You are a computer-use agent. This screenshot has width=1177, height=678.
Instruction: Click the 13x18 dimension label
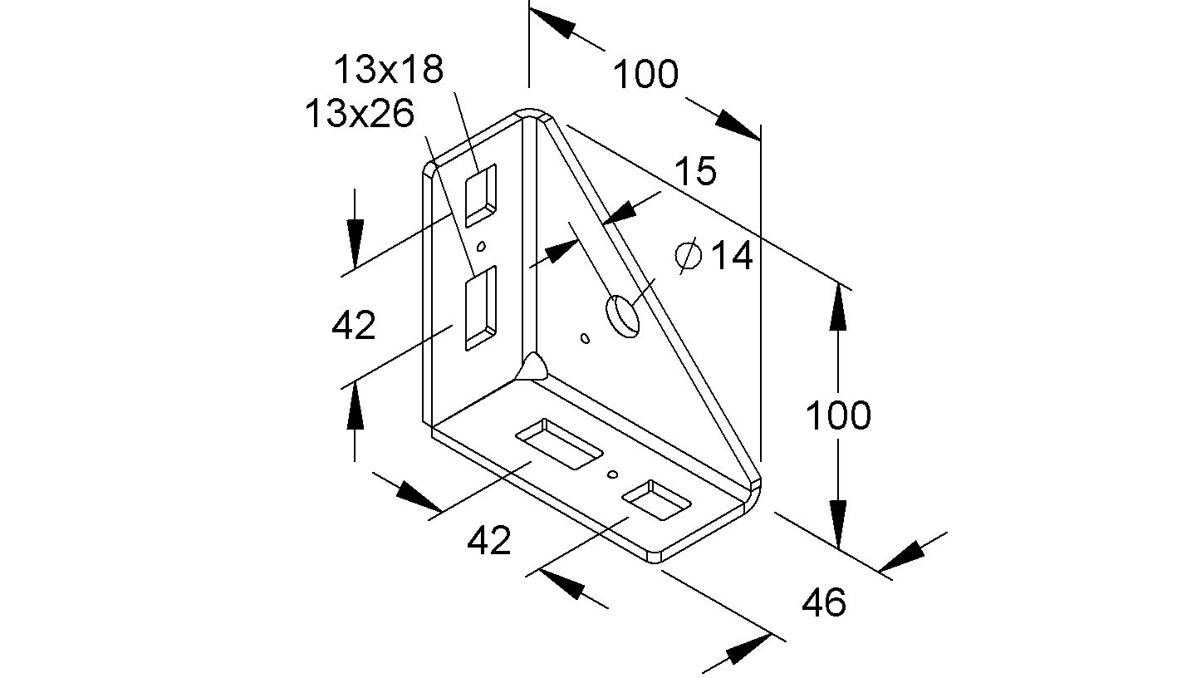click(x=389, y=70)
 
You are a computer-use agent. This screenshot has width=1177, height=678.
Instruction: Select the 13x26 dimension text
click(x=359, y=114)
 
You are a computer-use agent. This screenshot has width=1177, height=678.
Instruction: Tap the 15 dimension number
click(x=694, y=172)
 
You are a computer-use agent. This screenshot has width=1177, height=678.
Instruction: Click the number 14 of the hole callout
click(x=731, y=256)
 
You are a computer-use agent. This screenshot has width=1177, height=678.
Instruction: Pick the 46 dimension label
click(x=823, y=602)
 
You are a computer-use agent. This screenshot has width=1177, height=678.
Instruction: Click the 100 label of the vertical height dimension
click(x=838, y=415)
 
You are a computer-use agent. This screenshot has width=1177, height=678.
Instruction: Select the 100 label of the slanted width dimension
click(x=645, y=75)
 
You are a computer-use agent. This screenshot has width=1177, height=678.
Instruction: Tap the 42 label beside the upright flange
click(x=354, y=326)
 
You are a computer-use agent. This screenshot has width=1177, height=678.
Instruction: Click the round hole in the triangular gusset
click(x=623, y=315)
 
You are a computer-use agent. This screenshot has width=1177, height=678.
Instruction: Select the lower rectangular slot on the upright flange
click(x=480, y=307)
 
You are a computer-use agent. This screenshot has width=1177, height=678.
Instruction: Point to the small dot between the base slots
click(x=613, y=474)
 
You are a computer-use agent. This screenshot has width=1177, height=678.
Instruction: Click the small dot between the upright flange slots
click(x=480, y=247)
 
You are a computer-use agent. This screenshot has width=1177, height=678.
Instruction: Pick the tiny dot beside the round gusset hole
click(x=585, y=337)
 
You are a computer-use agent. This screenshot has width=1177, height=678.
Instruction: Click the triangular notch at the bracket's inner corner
click(x=533, y=366)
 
